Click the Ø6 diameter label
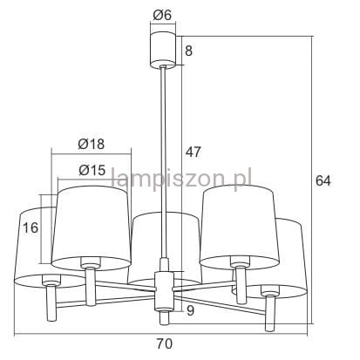click(x=162, y=15)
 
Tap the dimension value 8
click(x=188, y=51)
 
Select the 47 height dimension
click(x=194, y=152)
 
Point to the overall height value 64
click(x=323, y=180)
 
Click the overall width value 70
click(x=165, y=343)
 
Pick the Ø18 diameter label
click(x=91, y=144)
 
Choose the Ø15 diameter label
click(x=92, y=170)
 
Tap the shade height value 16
click(x=31, y=228)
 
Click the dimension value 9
click(x=190, y=310)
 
